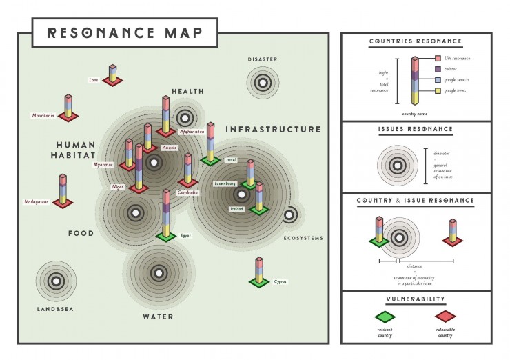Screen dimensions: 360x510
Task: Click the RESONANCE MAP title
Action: (124, 32)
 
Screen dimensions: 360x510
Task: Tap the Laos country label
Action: (94, 80)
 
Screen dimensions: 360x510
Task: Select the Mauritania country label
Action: (43, 115)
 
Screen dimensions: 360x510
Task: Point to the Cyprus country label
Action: (280, 281)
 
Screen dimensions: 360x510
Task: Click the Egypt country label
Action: (185, 235)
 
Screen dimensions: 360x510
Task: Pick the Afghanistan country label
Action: (192, 131)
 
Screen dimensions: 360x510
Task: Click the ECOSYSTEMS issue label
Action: (303, 239)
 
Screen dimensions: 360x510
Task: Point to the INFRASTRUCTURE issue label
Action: (273, 129)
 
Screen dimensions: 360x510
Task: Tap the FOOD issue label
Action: (81, 234)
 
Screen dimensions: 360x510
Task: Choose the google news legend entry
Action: (455, 90)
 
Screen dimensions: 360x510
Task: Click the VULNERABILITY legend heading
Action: (416, 299)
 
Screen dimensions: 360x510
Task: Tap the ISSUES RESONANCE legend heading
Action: (416, 129)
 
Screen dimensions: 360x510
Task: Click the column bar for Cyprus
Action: (259, 269)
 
